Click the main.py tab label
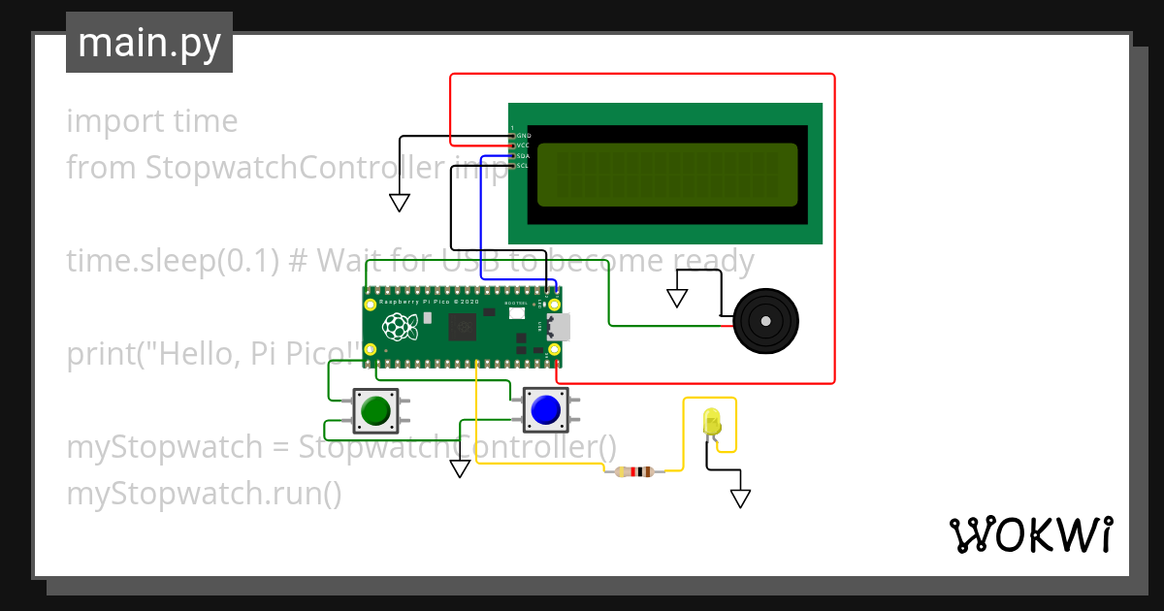coord(148,43)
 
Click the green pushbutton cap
coord(374,412)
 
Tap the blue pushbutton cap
coord(545,410)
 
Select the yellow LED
coord(712,422)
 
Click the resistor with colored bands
coord(634,471)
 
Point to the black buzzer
coord(765,321)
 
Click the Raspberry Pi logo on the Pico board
coord(402,327)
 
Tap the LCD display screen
coord(666,175)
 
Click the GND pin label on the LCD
coord(523,136)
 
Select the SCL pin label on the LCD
coord(523,166)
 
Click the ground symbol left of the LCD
coord(399,203)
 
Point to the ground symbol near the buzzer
coord(677,298)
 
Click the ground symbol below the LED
coord(740,498)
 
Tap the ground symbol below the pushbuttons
coord(460,469)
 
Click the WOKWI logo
coord(1030,534)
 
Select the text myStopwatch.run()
coord(204,494)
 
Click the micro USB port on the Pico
coord(560,327)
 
